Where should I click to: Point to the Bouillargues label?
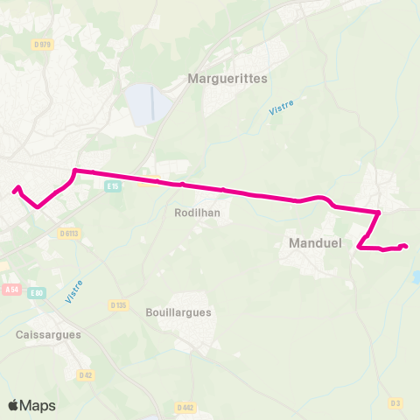(179, 311)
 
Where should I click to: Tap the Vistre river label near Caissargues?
(73, 291)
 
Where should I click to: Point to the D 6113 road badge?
(70, 234)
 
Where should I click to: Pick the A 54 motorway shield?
(10, 289)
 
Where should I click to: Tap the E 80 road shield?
(36, 293)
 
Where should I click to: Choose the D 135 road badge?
(119, 304)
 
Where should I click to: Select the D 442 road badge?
(184, 407)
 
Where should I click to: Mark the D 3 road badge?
(395, 402)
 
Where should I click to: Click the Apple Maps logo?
(31, 405)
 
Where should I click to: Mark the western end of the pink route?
(15, 188)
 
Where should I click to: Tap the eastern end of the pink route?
(406, 246)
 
